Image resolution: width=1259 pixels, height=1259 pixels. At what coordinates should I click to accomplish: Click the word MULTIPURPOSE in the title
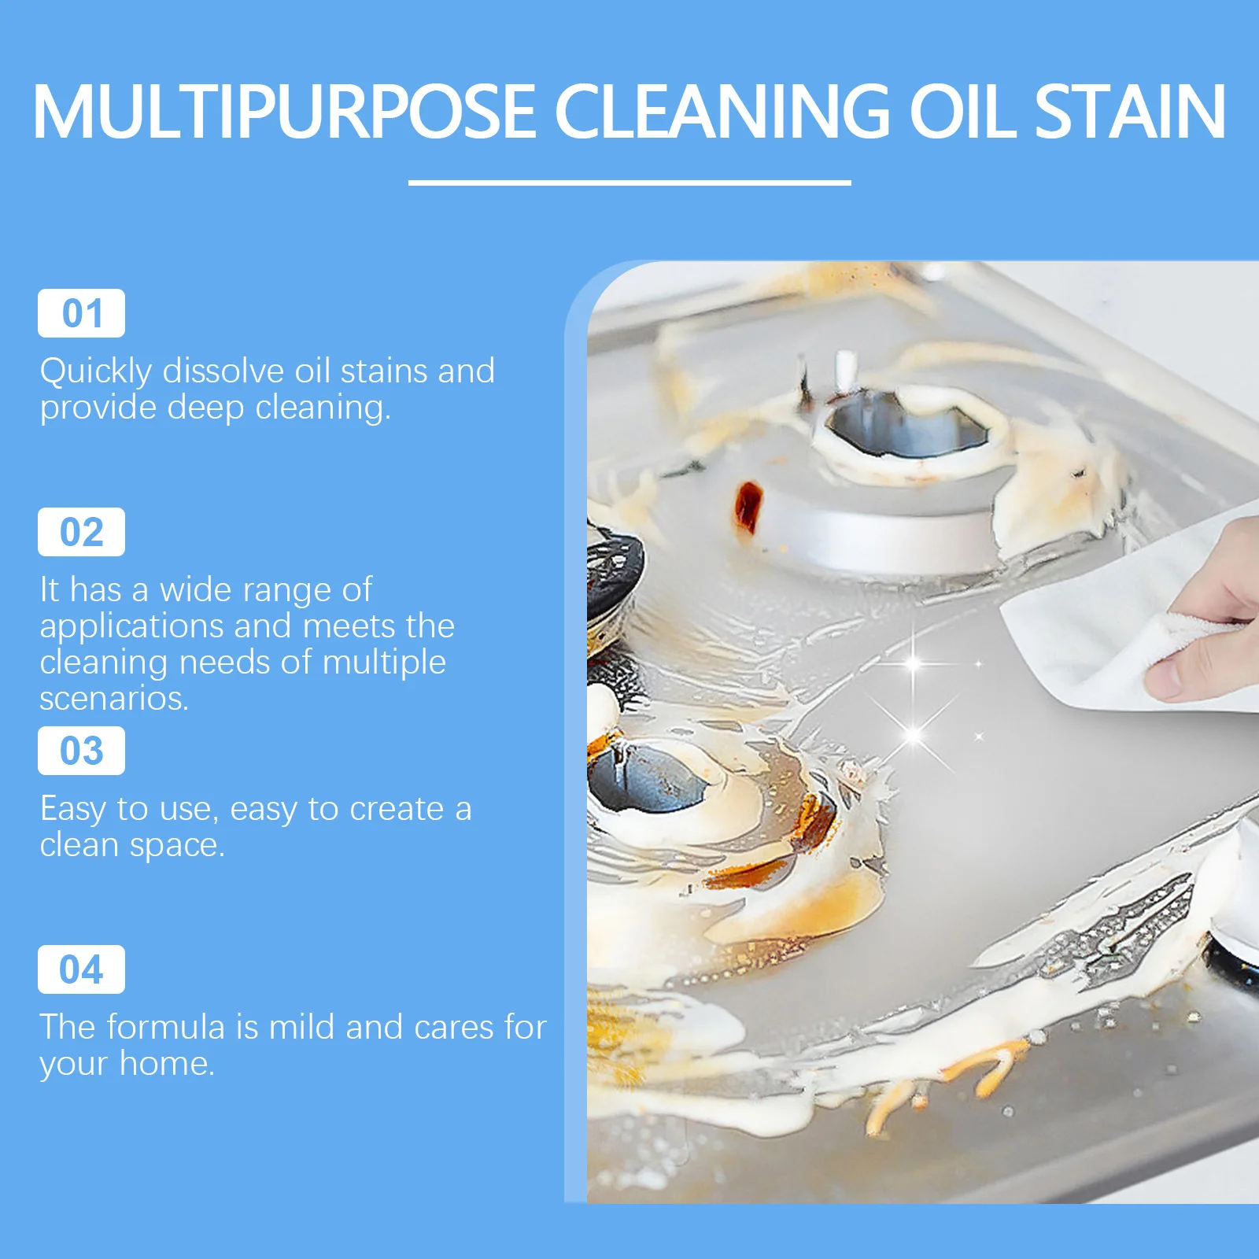283,112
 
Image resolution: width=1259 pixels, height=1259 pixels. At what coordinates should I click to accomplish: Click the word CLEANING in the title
722,112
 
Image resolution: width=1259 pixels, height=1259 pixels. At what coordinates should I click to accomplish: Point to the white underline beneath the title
629,183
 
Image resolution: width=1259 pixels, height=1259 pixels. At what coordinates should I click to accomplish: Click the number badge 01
81,313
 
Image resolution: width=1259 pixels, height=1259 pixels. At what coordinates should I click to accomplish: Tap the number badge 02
81,532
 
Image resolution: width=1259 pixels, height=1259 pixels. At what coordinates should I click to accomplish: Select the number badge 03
81,751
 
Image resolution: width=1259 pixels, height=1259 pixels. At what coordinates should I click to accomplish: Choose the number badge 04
81,969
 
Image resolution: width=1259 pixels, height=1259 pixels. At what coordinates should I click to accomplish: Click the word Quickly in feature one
95,371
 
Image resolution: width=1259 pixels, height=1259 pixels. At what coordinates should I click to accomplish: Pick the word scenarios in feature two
113,699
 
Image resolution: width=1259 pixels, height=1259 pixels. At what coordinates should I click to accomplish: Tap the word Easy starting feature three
72,809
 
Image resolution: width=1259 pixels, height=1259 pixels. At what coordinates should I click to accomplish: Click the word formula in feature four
165,1027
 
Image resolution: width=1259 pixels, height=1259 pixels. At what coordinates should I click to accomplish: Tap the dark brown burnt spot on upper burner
748,505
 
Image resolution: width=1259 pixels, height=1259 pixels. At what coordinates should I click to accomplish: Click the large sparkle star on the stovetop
913,663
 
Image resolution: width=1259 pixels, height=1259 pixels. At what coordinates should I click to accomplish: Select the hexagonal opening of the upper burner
905,425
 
